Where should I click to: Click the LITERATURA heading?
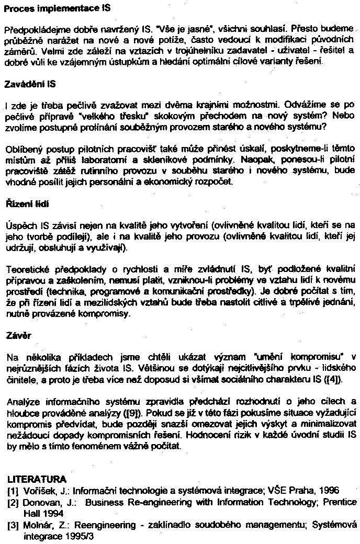[x=37, y=479]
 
